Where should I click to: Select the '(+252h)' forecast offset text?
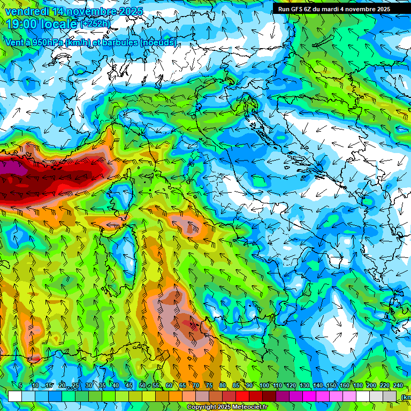[95, 24]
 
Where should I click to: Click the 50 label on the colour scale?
[142, 386]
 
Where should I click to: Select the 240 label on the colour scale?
[398, 386]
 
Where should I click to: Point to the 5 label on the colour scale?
[20, 386]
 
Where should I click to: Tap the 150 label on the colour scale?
[331, 386]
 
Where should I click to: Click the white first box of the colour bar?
[15, 396]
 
